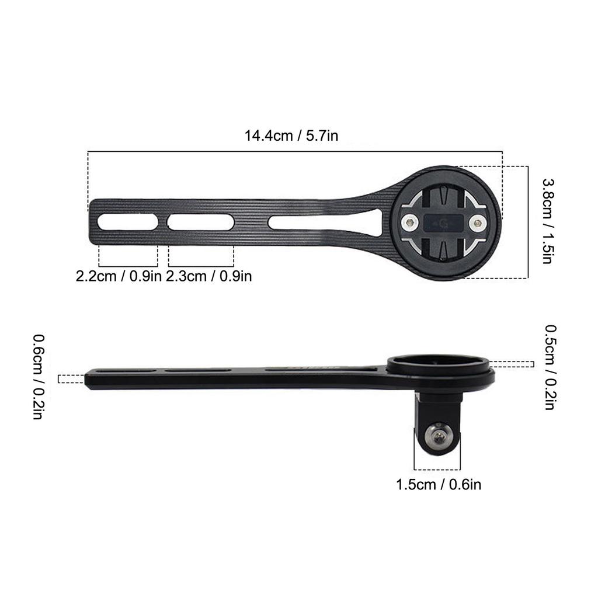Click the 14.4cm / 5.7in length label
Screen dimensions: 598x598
coord(291,135)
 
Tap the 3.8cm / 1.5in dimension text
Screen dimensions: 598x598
coord(548,221)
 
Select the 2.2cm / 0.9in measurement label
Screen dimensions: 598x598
coord(119,276)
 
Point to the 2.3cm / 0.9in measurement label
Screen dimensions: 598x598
coord(209,276)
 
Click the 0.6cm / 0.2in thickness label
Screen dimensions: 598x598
coord(39,377)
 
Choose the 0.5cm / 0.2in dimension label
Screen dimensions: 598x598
coord(550,367)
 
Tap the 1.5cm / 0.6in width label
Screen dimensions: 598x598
coord(439,485)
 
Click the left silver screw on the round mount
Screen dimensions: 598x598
coord(409,222)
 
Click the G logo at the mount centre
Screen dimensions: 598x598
coord(444,222)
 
